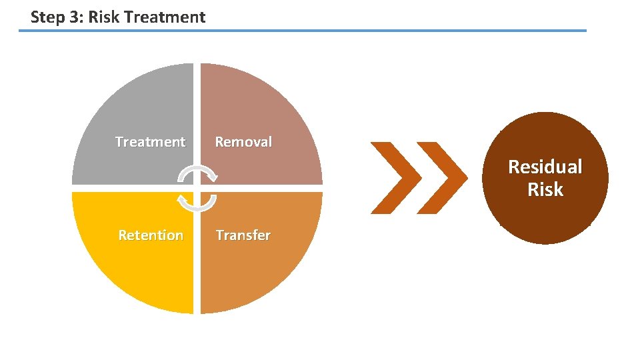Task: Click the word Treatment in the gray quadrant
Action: click(x=150, y=142)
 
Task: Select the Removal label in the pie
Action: click(x=243, y=142)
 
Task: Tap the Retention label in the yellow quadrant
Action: click(x=151, y=235)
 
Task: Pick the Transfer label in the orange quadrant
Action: click(x=243, y=235)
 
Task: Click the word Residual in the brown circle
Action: click(x=545, y=167)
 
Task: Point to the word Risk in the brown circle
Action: click(x=545, y=190)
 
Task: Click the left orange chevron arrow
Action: click(x=396, y=178)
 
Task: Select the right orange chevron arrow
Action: click(x=443, y=178)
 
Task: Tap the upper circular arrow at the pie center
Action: click(x=197, y=175)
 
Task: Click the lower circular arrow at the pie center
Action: click(x=197, y=201)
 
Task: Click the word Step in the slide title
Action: click(x=47, y=17)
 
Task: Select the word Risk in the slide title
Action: click(x=104, y=17)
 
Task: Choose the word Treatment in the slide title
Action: click(x=165, y=17)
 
